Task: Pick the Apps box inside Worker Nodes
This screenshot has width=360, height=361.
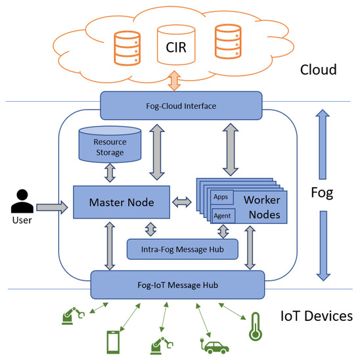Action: click(x=221, y=196)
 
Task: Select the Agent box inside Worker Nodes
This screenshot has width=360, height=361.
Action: click(x=223, y=215)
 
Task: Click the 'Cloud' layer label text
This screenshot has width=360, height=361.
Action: click(x=319, y=70)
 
